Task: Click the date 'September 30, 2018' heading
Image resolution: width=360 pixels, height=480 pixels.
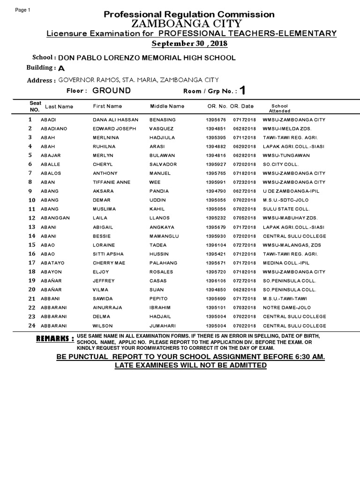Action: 189,44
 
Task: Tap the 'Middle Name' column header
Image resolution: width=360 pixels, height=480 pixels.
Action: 167,106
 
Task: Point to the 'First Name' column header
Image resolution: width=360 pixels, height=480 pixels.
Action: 107,106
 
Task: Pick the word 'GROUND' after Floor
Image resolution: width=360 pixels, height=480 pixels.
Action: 112,90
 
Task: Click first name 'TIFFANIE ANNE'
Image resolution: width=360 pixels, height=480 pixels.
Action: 110,182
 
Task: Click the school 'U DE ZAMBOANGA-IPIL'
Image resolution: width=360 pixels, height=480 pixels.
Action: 291,191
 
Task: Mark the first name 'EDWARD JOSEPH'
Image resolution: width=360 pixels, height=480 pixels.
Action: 114,128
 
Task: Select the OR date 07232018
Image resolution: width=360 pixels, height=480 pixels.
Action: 245,182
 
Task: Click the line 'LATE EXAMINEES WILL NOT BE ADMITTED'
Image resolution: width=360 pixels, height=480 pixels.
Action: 191,365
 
